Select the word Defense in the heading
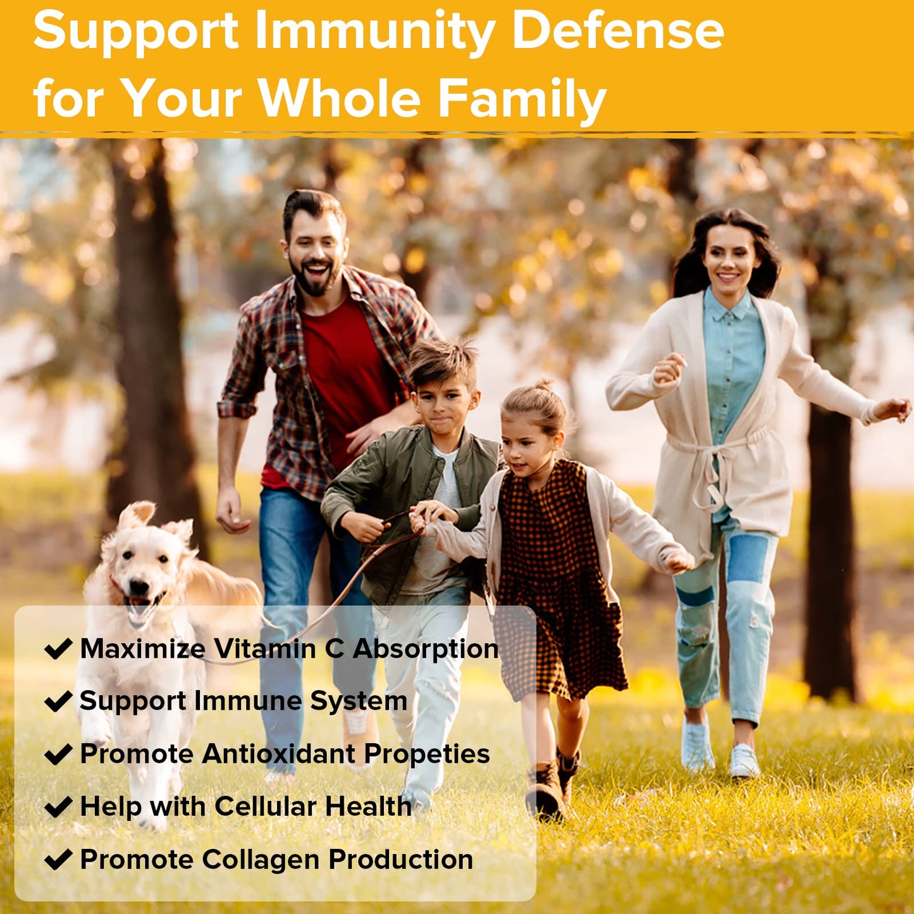(617, 32)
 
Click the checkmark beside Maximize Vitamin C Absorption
(58, 649)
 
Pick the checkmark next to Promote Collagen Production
(58, 860)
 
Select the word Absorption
(426, 650)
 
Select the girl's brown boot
(545, 791)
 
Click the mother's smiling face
(730, 257)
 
